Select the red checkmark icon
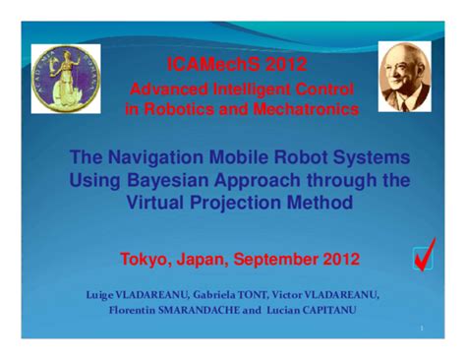point(425,255)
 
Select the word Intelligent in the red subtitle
point(237,90)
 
